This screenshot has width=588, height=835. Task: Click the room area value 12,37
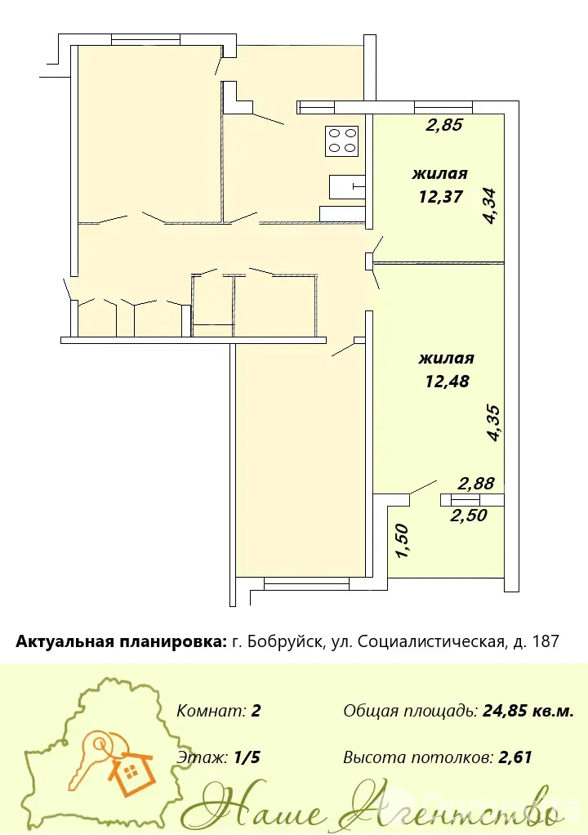pyautogui.click(x=439, y=196)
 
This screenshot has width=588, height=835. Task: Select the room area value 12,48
pyautogui.click(x=447, y=381)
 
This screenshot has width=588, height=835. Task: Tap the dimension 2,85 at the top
pyautogui.click(x=444, y=126)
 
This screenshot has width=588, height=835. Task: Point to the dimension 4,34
pyautogui.click(x=490, y=205)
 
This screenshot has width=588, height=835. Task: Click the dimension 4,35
pyautogui.click(x=493, y=424)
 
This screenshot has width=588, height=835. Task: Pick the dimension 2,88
pyautogui.click(x=476, y=483)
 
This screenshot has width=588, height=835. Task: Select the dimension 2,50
pyautogui.click(x=470, y=516)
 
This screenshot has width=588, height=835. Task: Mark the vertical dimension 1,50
pyautogui.click(x=402, y=542)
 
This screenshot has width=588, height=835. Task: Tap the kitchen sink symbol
pyautogui.click(x=347, y=187)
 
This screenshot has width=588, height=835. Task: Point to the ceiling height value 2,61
pyautogui.click(x=514, y=757)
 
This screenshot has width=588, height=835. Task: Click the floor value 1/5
pyautogui.click(x=247, y=757)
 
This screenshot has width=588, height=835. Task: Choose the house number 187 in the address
pyautogui.click(x=545, y=641)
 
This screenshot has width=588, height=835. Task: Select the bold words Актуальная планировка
pyautogui.click(x=121, y=641)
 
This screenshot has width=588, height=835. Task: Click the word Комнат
pyautogui.click(x=210, y=710)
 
